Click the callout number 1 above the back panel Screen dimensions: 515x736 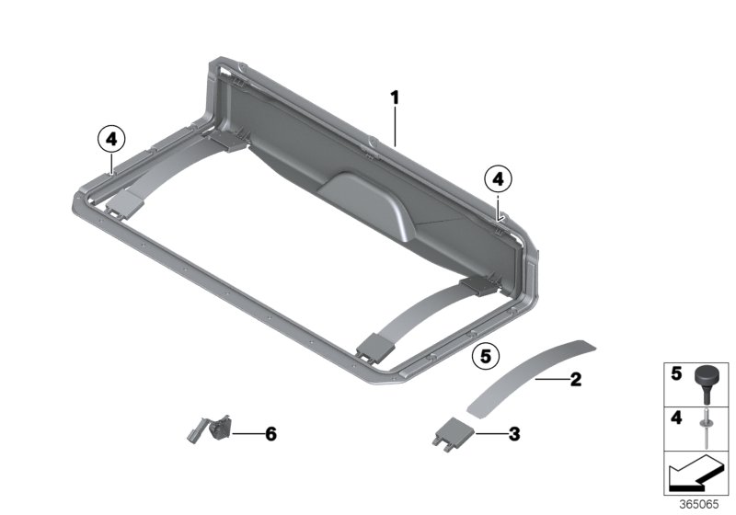[394, 97]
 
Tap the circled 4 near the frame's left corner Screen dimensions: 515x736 [109, 140]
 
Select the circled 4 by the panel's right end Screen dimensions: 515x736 [498, 177]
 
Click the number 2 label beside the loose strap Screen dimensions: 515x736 [575, 378]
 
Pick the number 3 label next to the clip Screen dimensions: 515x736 [514, 430]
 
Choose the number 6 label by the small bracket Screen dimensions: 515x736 [270, 431]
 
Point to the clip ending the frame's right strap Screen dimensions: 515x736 [374, 348]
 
